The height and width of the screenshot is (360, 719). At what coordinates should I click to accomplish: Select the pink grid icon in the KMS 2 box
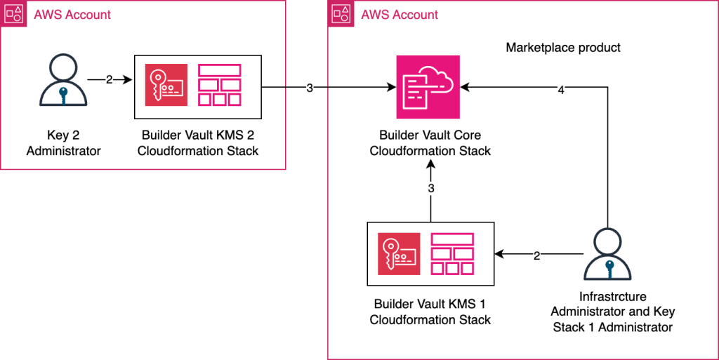220,85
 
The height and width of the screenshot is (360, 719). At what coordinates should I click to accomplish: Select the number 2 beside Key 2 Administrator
109,80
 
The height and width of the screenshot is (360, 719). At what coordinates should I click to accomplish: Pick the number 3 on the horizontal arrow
310,88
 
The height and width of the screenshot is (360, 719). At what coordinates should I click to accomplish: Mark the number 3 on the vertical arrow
431,189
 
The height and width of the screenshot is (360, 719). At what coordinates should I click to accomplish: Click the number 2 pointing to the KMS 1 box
536,255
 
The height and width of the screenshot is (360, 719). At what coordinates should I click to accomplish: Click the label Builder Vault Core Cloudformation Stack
430,142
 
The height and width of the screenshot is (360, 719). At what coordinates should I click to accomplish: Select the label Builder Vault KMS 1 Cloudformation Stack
430,312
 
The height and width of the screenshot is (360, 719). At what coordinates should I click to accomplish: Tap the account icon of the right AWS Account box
341,14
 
